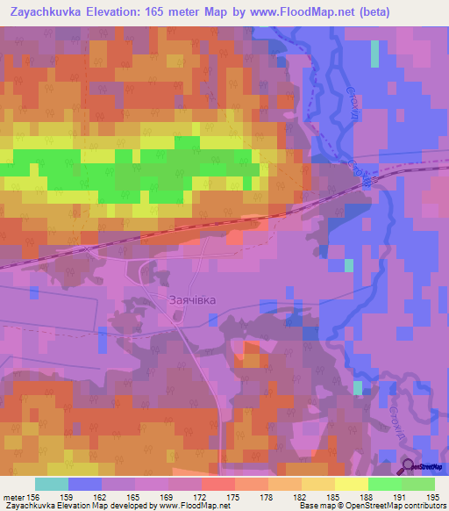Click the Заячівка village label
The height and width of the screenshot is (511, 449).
click(192, 299)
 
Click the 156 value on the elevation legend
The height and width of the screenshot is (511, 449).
click(33, 498)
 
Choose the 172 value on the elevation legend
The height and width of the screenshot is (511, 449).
click(201, 498)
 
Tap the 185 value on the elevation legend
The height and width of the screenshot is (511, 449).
click(334, 498)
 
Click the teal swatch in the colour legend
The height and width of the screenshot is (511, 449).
click(52, 484)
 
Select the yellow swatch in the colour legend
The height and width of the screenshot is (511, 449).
click(351, 484)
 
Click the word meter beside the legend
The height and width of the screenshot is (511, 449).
click(13, 498)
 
